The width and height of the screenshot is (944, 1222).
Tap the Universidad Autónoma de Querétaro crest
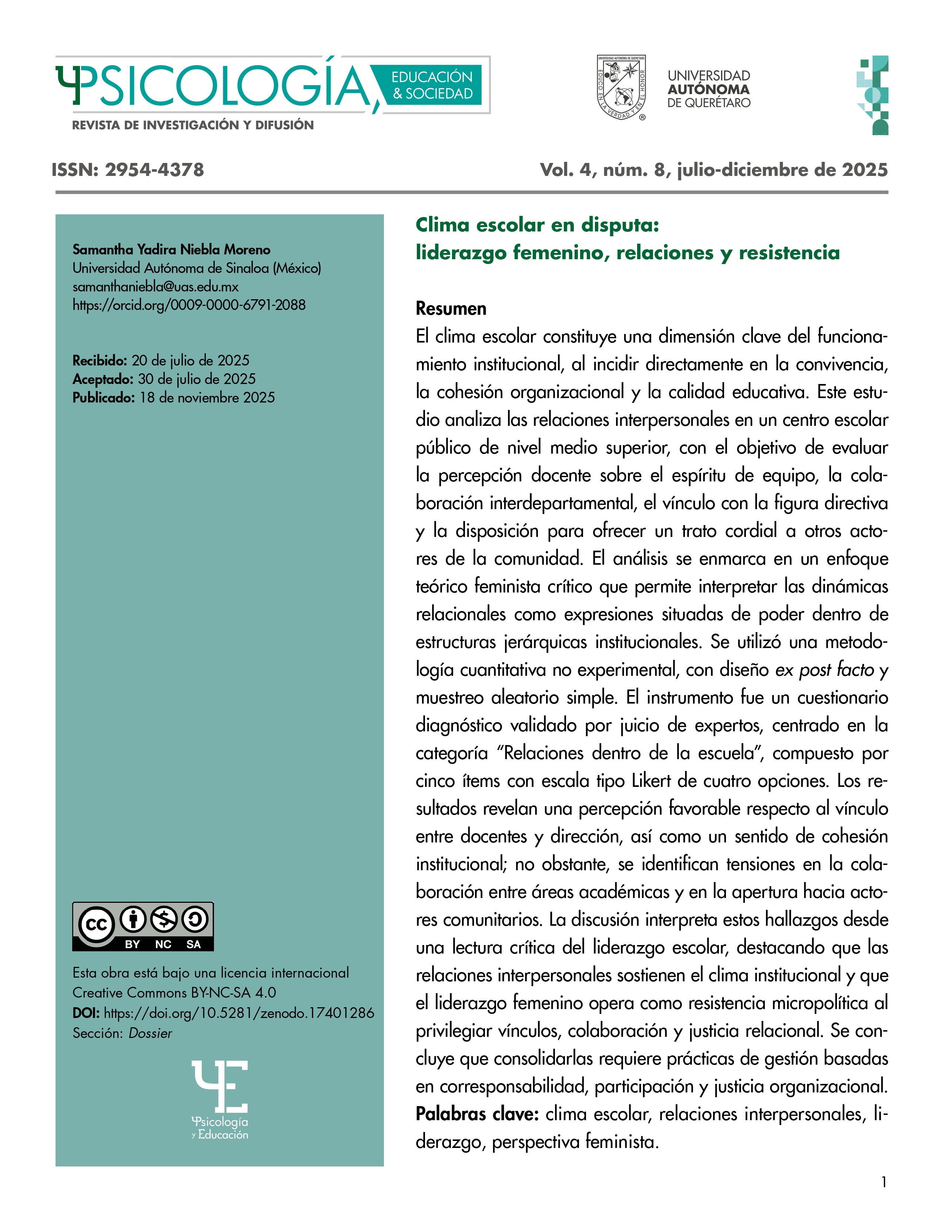tap(621, 88)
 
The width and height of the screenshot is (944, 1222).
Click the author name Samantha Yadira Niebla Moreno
tap(171, 250)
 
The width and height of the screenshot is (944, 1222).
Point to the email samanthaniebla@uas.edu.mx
tap(155, 287)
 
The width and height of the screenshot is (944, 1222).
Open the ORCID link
tap(189, 305)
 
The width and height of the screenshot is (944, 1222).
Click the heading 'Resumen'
tap(451, 308)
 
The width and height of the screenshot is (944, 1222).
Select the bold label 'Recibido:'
tap(100, 360)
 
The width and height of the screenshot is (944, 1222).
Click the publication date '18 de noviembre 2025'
tap(207, 397)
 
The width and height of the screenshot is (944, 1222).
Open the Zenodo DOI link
tap(239, 1013)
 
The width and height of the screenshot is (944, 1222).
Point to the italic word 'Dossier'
tap(150, 1034)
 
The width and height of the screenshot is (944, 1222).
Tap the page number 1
tap(884, 1182)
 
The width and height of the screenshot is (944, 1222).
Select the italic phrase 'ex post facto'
tap(824, 670)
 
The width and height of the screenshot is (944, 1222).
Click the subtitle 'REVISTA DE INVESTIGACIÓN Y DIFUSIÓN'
tap(193, 125)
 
